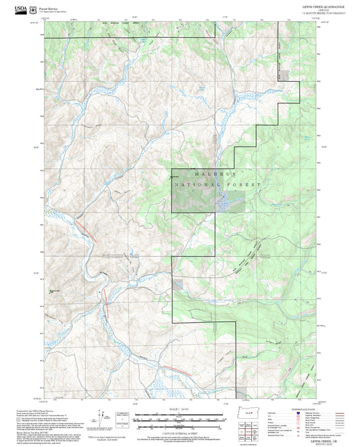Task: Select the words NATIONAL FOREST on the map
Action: pos(207,184)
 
